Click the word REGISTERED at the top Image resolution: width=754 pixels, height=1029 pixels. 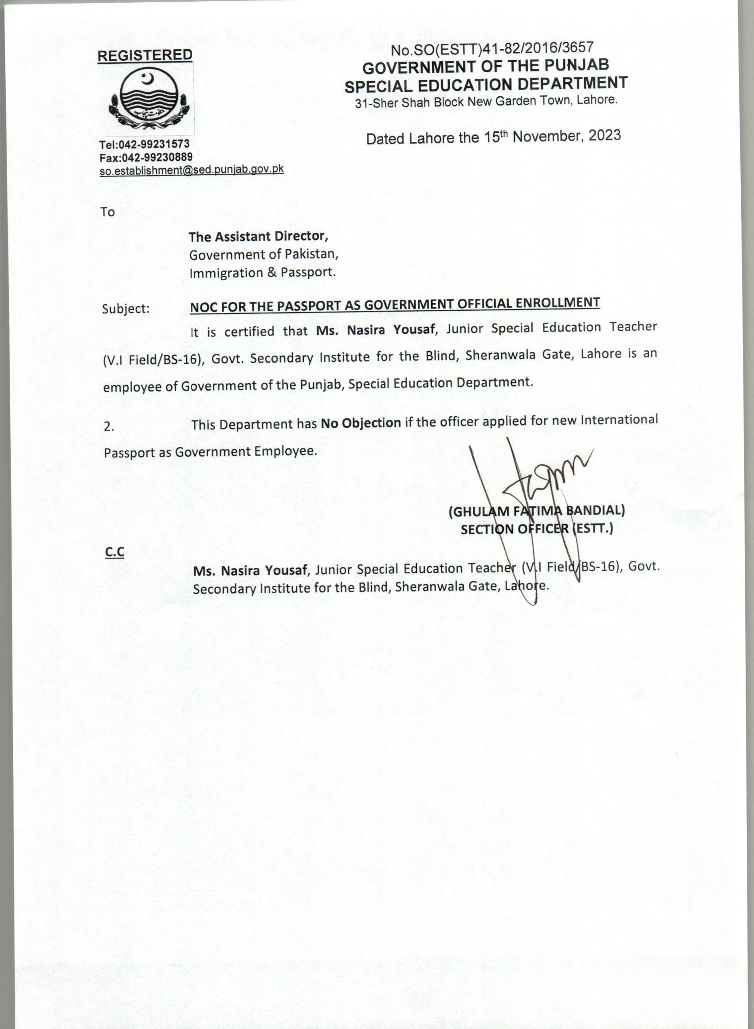point(145,55)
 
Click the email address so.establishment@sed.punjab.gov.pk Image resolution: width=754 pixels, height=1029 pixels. point(192,170)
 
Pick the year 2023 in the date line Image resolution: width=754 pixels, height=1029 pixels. point(604,136)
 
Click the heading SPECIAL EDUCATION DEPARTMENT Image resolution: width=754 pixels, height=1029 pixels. point(486,84)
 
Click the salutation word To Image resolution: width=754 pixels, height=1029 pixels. point(108,212)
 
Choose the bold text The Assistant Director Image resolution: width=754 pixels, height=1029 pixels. point(258,236)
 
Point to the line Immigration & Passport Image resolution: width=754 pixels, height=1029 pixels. point(263,273)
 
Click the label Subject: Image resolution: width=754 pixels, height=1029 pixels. point(126,309)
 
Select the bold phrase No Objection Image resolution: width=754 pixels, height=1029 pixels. point(361,423)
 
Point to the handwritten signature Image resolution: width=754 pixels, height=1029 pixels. point(538,488)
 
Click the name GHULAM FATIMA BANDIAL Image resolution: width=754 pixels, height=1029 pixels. point(537,510)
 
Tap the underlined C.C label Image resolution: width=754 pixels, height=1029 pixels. point(114,552)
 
